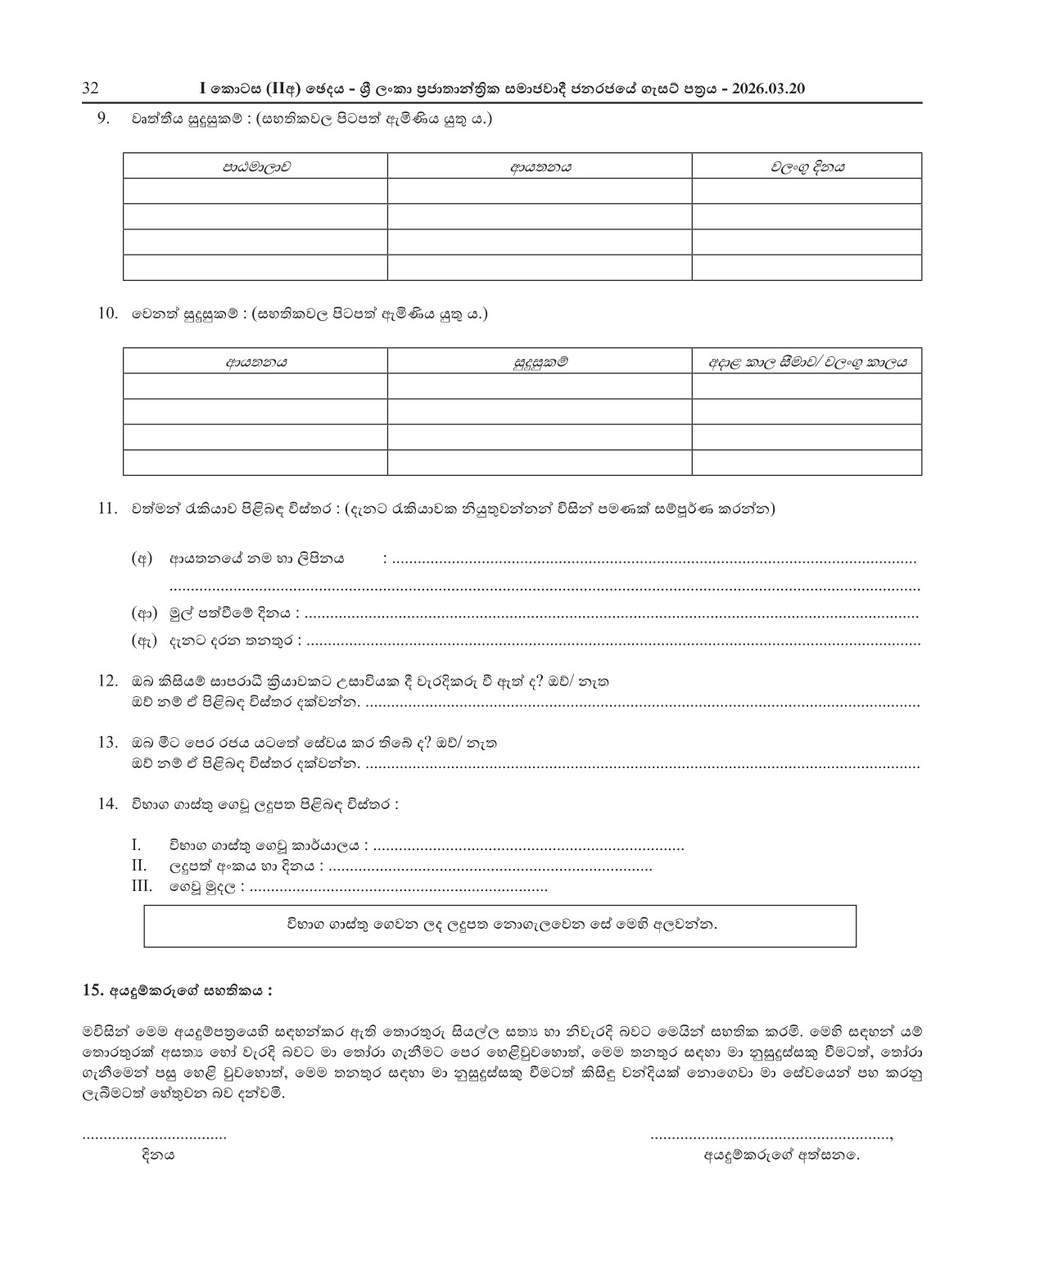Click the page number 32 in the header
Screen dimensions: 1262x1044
[90, 88]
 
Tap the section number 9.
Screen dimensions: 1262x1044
[104, 118]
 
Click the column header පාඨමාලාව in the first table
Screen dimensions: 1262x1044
[255, 166]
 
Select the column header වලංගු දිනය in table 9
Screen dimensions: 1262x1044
[807, 166]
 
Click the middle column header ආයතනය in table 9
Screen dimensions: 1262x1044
[540, 166]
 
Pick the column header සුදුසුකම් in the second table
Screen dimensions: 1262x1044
[540, 361]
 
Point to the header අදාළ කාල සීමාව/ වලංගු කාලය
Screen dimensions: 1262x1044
[807, 361]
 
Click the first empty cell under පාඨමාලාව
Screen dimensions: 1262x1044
[255, 192]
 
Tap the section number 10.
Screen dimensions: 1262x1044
[107, 313]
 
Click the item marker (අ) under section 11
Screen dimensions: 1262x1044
[142, 559]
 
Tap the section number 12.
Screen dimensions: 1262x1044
[107, 681]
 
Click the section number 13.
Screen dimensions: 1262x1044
[107, 742]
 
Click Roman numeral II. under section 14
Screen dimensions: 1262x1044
[138, 866]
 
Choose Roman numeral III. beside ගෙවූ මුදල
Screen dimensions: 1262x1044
[141, 886]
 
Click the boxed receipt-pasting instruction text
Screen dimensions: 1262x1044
[500, 925]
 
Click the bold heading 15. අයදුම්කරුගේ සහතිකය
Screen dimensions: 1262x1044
[178, 989]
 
